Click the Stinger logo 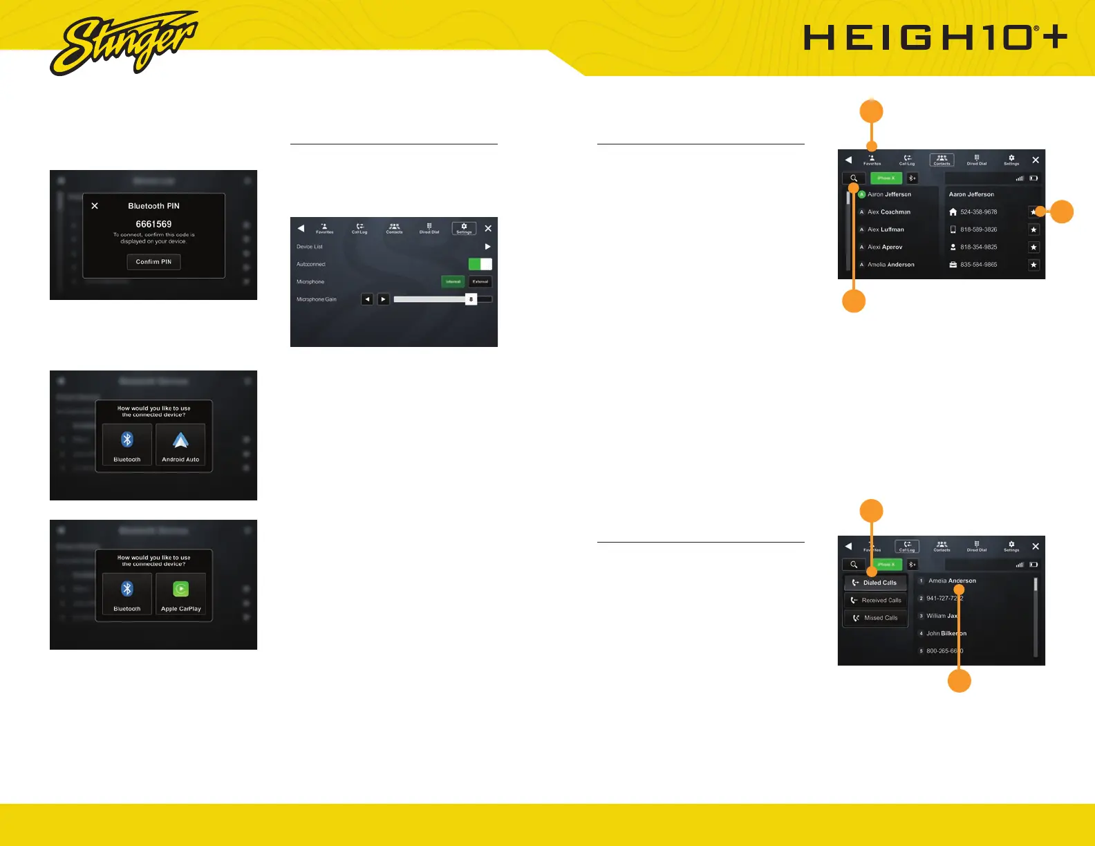pyautogui.click(x=123, y=43)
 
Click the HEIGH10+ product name pyautogui.click(x=935, y=38)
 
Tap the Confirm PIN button pyautogui.click(x=153, y=262)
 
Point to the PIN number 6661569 pyautogui.click(x=153, y=224)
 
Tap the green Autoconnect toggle pyautogui.click(x=480, y=264)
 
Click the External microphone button pyautogui.click(x=480, y=282)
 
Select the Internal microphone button pyautogui.click(x=453, y=282)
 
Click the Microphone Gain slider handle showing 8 pyautogui.click(x=471, y=299)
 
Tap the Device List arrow pyautogui.click(x=487, y=247)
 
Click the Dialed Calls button pyautogui.click(x=875, y=583)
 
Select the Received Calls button pyautogui.click(x=875, y=601)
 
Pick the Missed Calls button pyautogui.click(x=875, y=618)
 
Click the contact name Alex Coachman pyautogui.click(x=889, y=212)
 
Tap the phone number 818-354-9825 pyautogui.click(x=978, y=247)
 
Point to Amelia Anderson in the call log pyautogui.click(x=952, y=581)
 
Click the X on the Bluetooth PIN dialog pyautogui.click(x=95, y=206)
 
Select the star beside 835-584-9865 pyautogui.click(x=1033, y=265)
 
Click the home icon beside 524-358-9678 pyautogui.click(x=953, y=212)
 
